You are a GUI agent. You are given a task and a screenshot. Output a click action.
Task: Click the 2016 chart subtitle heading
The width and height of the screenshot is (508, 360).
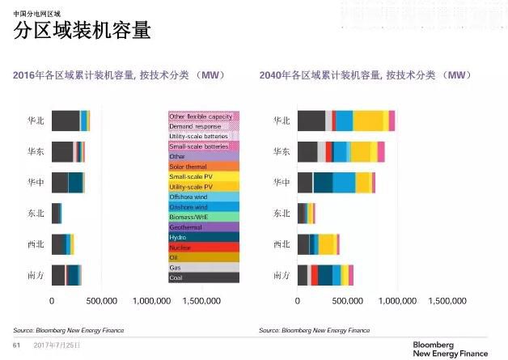click(118, 75)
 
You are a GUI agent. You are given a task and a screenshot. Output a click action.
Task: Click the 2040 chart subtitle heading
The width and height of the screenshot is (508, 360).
click(365, 75)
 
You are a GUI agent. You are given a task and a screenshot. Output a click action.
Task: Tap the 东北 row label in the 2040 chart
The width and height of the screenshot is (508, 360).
click(281, 214)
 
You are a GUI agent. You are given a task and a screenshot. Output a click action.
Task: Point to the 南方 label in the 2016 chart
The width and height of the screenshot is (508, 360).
click(36, 275)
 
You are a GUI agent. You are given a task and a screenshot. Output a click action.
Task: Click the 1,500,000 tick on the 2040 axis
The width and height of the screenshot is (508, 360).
click(447, 300)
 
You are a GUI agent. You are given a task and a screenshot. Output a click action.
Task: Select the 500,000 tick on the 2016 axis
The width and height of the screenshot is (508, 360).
click(101, 300)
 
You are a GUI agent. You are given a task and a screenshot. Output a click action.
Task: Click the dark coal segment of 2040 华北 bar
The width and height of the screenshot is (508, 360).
click(311, 121)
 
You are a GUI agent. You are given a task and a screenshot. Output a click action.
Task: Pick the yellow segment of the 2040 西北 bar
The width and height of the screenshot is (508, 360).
click(326, 244)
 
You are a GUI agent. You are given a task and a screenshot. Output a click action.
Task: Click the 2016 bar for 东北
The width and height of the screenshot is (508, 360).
click(56, 214)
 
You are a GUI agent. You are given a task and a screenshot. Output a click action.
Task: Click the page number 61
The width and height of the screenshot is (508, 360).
click(15, 345)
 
